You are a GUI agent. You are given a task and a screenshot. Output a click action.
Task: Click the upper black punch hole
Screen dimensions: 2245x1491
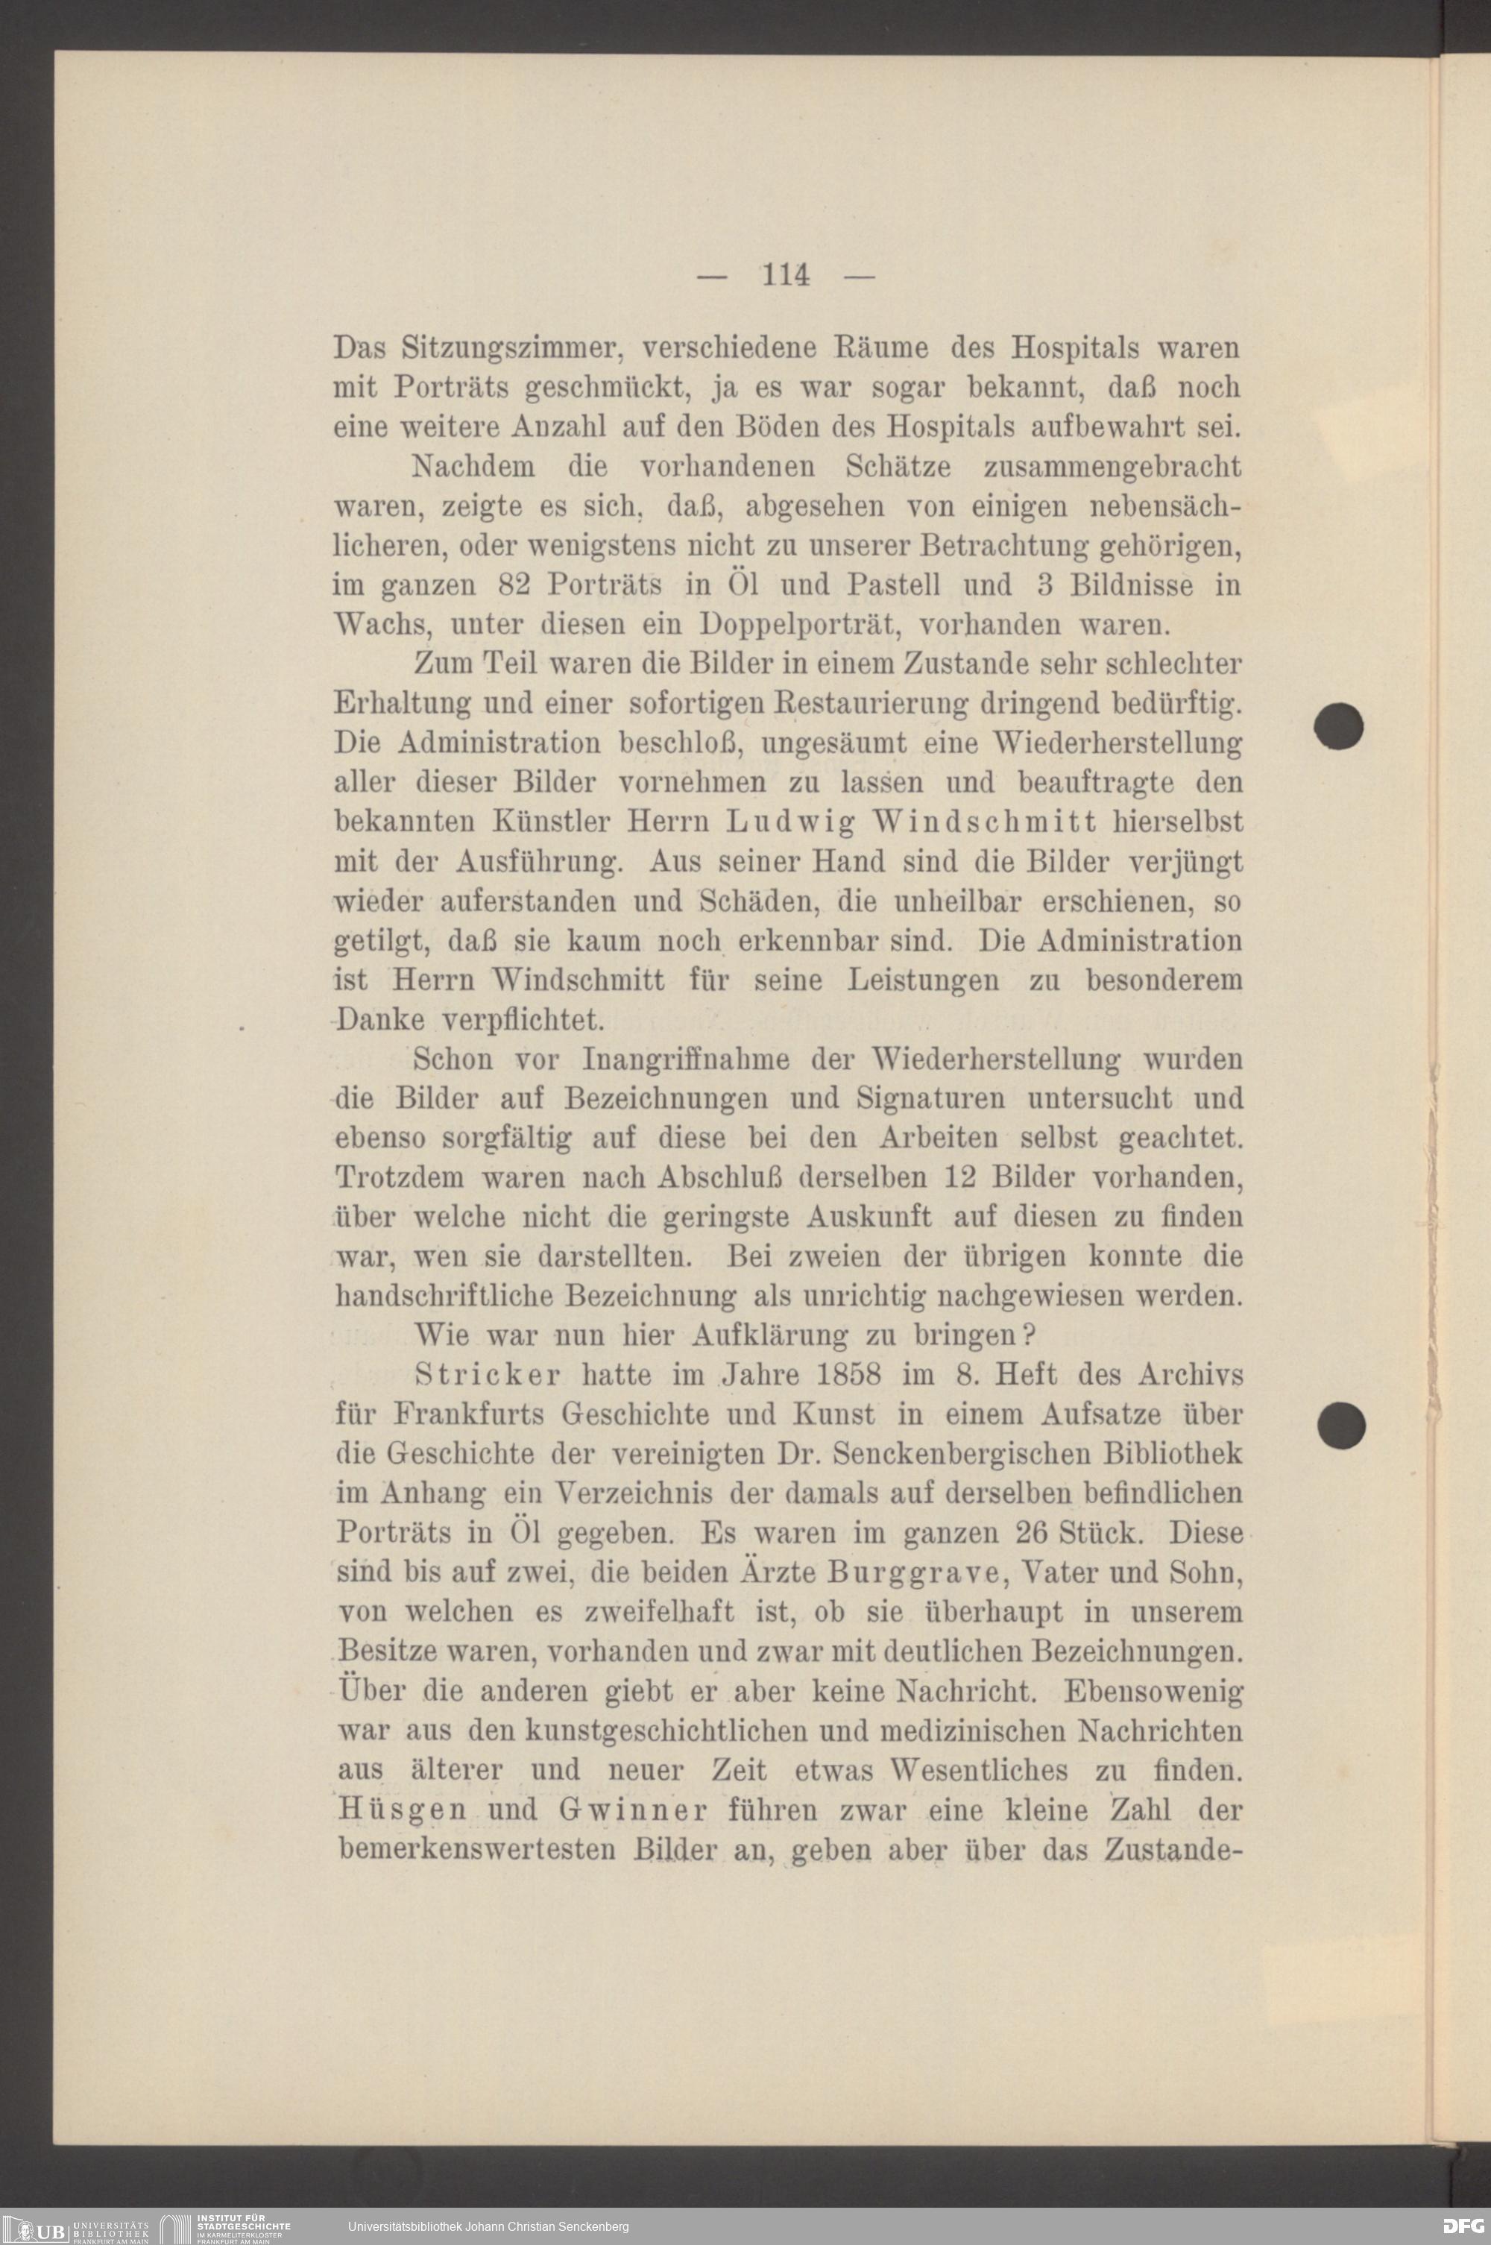point(1339,726)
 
